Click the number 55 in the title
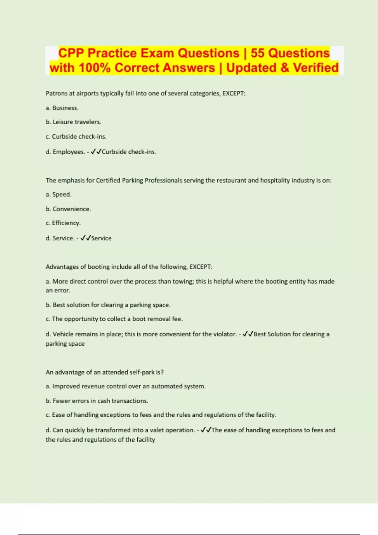pos(258,53)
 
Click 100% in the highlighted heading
pos(94,68)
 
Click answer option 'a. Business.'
pos(62,108)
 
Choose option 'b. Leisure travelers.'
pos(73,122)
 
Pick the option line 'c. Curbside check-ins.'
pos(76,137)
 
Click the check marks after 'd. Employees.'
pos(96,152)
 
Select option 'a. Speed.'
pos(59,194)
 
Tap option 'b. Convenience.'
pos(68,209)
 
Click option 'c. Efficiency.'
pos(63,223)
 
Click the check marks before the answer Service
pos(85,238)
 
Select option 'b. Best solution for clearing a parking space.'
pos(108,305)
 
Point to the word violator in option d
pos(224,334)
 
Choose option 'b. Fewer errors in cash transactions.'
pos(97,401)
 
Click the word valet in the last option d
pos(157,430)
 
